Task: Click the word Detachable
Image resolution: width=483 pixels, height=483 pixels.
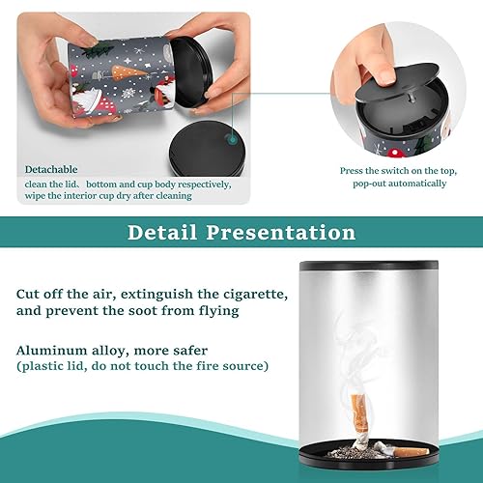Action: coord(51,169)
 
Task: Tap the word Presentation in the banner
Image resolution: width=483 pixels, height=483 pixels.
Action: coord(281,232)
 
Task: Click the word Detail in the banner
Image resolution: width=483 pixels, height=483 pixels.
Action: coord(162,232)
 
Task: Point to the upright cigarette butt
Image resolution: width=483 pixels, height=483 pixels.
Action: coord(359,422)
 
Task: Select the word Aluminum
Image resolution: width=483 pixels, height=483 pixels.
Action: coord(51,350)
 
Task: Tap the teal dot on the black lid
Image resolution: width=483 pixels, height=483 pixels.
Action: coord(232,140)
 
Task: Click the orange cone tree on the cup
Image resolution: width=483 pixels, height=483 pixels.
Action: coord(128,73)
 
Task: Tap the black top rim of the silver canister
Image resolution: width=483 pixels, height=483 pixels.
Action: coord(369,266)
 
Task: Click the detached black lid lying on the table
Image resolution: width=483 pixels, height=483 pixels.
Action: coord(208,149)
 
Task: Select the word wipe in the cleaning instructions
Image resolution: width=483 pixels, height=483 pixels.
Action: coord(35,195)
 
